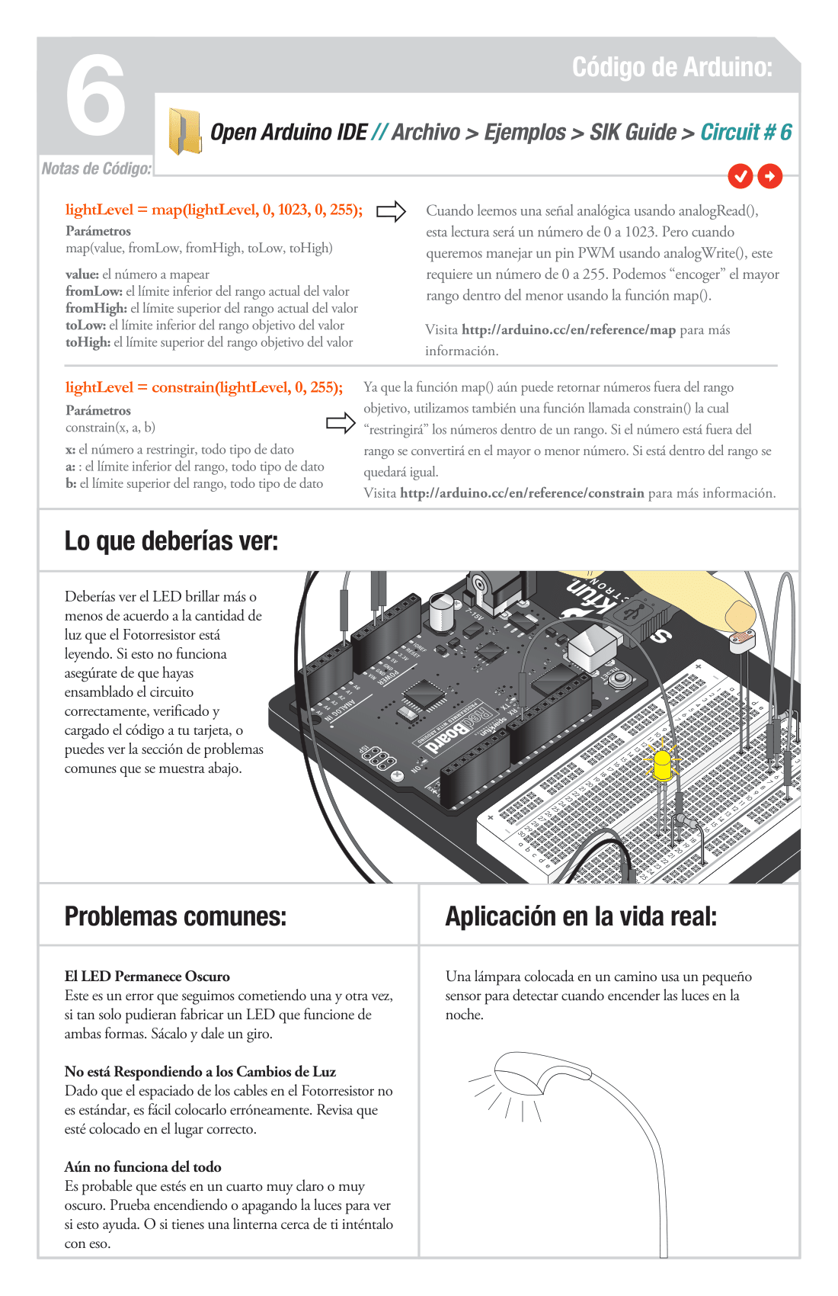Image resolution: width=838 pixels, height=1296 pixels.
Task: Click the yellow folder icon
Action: click(x=184, y=131)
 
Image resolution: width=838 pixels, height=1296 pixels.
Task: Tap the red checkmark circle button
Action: click(x=740, y=176)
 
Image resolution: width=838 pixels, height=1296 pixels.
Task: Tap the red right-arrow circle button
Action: click(x=770, y=176)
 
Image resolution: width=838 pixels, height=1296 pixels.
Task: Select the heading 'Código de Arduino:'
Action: click(x=672, y=67)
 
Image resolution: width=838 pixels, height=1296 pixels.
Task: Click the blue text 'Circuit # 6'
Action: click(x=746, y=132)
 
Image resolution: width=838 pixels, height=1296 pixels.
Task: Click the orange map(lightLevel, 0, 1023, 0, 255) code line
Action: click(x=213, y=210)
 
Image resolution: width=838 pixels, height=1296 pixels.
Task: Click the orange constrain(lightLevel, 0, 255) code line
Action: click(x=203, y=387)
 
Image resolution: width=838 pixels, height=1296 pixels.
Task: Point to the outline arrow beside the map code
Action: click(x=391, y=211)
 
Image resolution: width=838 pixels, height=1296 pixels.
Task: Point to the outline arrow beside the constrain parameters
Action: click(x=341, y=423)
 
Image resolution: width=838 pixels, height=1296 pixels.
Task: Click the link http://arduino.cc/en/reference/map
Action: click(x=568, y=330)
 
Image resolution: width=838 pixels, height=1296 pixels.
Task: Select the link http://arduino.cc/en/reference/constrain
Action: click(x=522, y=493)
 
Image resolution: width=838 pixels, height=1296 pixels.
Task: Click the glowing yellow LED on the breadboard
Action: click(x=663, y=763)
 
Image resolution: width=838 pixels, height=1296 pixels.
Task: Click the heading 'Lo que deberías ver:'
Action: click(x=171, y=541)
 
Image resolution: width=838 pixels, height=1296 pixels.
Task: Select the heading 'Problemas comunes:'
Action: click(x=175, y=916)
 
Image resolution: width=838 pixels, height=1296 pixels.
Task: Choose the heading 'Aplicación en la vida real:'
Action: click(x=581, y=916)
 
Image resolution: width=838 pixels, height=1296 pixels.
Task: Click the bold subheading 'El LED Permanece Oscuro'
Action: click(x=147, y=977)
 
